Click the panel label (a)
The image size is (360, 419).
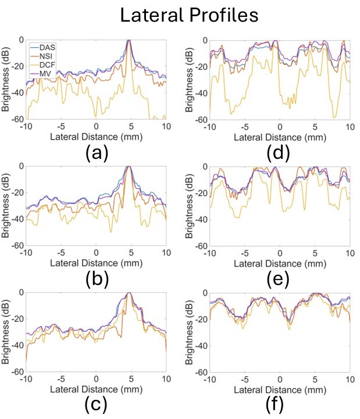click(95, 154)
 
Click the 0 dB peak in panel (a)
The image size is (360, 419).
click(129, 40)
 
